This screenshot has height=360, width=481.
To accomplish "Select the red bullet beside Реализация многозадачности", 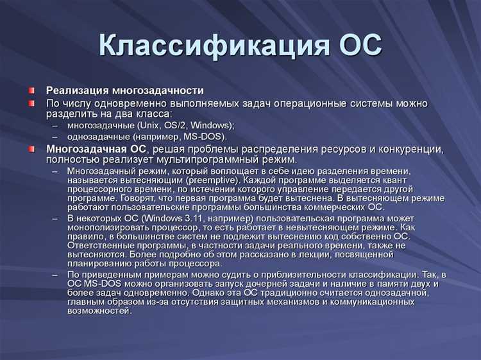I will point(31,90).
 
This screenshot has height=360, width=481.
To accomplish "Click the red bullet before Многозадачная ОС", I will point(31,149).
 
